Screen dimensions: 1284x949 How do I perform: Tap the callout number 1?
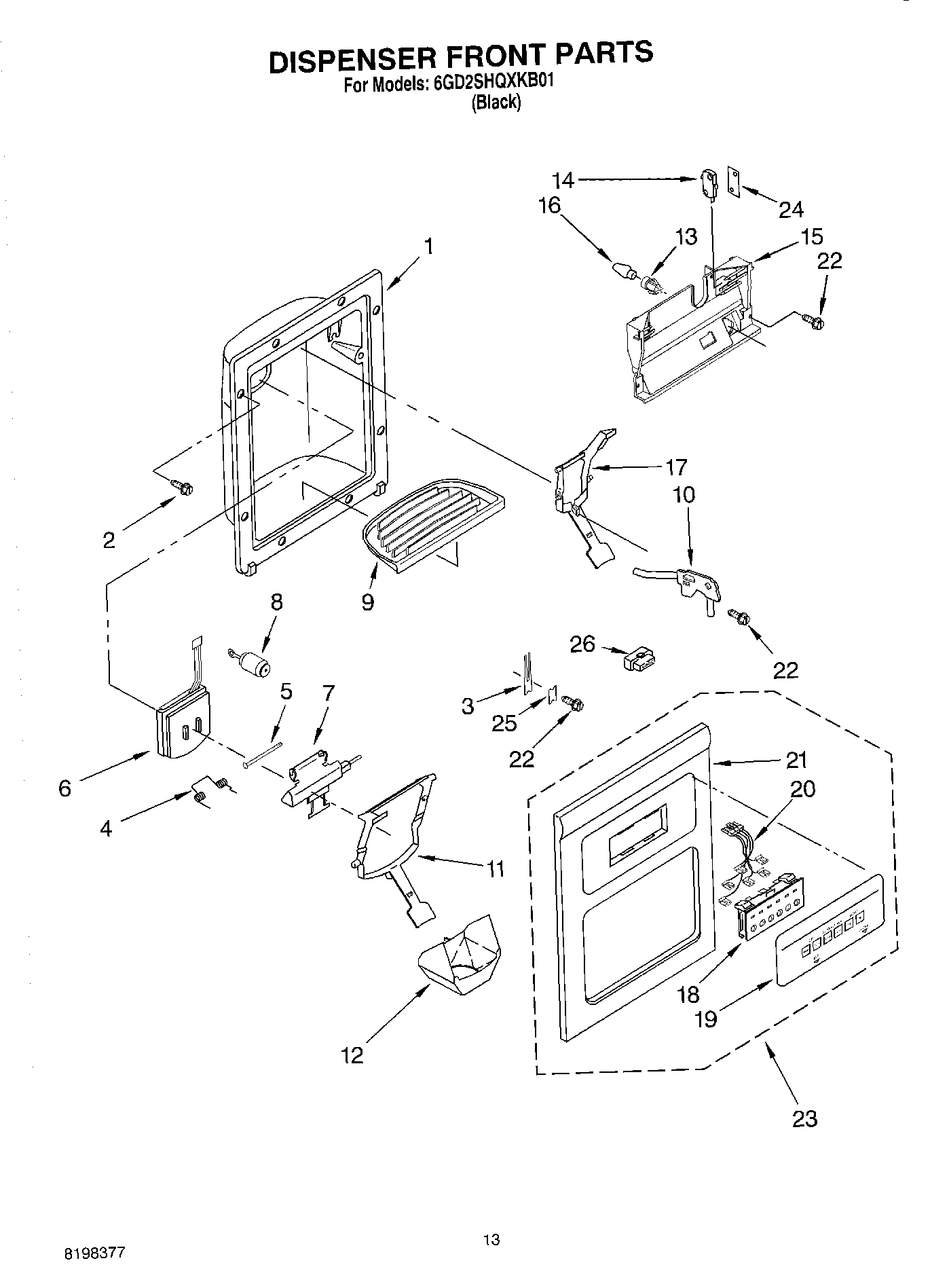[x=429, y=246]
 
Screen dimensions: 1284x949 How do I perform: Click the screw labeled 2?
[x=183, y=486]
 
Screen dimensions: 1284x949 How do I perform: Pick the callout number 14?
[x=563, y=180]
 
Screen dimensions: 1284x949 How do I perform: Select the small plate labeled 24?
[x=734, y=181]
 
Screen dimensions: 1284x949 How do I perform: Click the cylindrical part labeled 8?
[x=252, y=664]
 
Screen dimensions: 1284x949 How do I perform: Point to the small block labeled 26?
[x=639, y=659]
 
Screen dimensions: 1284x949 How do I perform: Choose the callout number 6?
[x=65, y=788]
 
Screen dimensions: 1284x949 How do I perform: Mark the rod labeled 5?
[x=263, y=754]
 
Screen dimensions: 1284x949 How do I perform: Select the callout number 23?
[x=805, y=1118]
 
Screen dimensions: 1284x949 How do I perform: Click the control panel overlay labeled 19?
[x=830, y=930]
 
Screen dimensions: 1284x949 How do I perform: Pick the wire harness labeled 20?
[x=743, y=856]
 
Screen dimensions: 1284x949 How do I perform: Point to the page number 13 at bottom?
[x=491, y=1240]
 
